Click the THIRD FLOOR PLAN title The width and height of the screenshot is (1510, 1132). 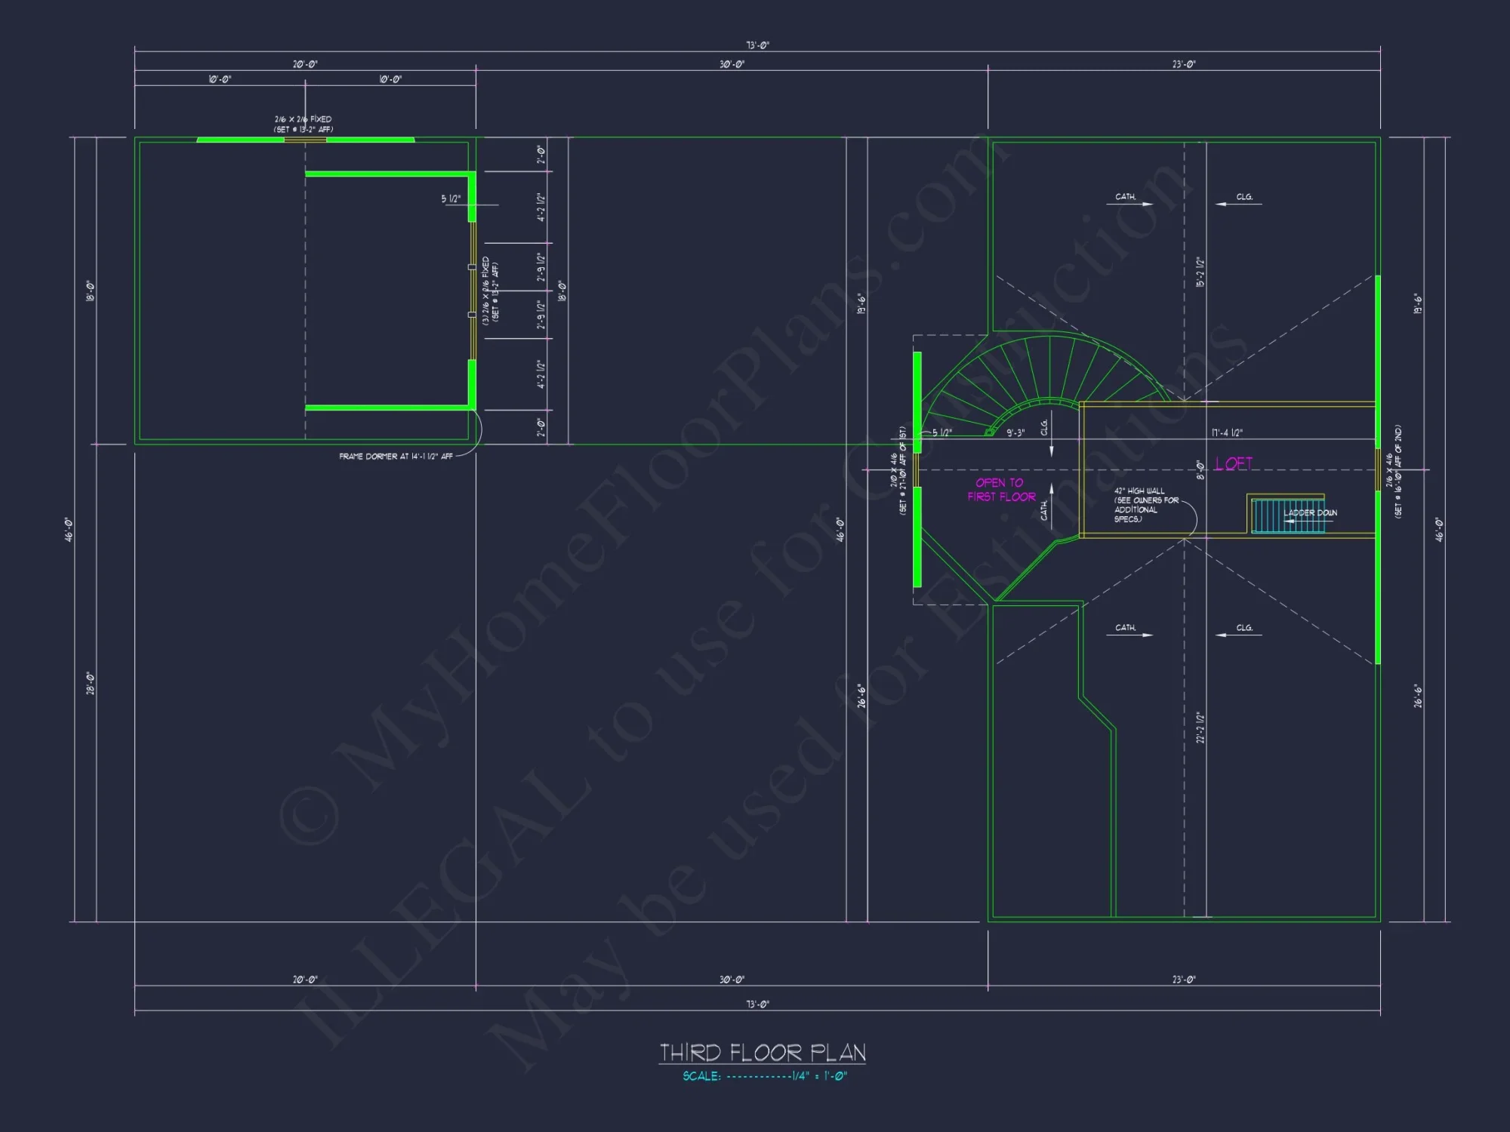(763, 1052)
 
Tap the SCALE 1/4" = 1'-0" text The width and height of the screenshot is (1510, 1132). (765, 1076)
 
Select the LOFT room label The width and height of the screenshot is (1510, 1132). (1234, 463)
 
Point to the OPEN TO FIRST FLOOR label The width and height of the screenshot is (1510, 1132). (1001, 490)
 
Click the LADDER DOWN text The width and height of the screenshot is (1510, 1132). (1310, 513)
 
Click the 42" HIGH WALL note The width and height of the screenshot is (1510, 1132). (1145, 505)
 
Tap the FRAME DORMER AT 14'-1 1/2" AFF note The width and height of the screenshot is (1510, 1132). (396, 457)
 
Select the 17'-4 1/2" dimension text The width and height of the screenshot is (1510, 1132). (1227, 433)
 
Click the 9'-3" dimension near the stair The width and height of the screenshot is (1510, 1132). (1015, 433)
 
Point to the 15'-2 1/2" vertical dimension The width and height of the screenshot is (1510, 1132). (1200, 272)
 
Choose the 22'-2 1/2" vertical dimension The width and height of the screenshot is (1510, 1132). (1200, 727)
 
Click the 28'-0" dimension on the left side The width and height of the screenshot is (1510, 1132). (91, 683)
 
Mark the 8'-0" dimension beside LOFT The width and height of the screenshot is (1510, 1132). (1200, 469)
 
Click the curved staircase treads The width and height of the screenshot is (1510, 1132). (1049, 370)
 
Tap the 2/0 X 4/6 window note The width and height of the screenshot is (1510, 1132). (898, 471)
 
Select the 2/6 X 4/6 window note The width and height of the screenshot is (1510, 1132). (1394, 471)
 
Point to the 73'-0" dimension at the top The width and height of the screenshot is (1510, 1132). (757, 45)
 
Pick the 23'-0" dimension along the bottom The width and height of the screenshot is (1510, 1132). (1184, 980)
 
